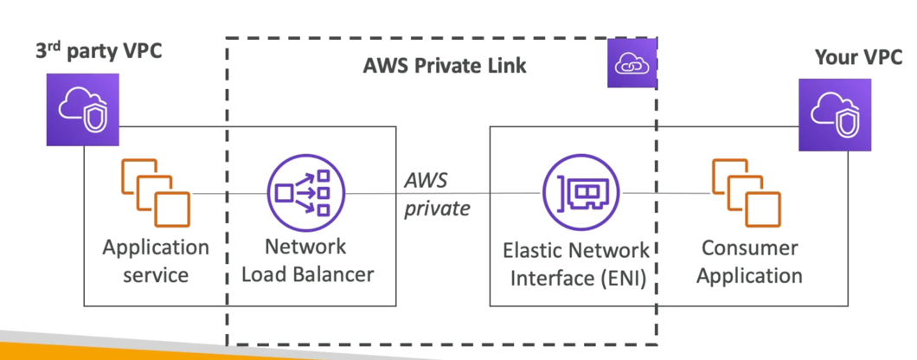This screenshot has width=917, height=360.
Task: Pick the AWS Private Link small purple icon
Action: (629, 62)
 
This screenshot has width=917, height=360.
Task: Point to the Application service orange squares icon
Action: (155, 192)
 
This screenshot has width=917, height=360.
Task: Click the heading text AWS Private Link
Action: (445, 66)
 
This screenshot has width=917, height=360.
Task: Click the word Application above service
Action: (156, 247)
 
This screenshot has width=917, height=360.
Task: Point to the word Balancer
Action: (337, 275)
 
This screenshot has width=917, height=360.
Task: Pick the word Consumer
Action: (749, 248)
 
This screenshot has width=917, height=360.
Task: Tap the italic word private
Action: (437, 208)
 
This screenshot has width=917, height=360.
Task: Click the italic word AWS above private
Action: (427, 180)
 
